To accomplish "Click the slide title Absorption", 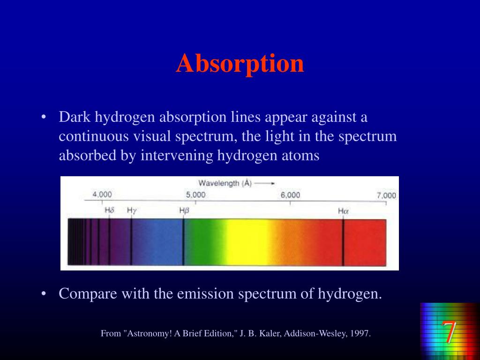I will click(x=240, y=63).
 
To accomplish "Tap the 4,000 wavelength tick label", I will click(x=102, y=195).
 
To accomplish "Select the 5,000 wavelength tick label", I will click(x=195, y=195).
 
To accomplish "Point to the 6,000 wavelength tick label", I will click(x=290, y=195).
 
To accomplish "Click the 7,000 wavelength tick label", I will click(x=386, y=195).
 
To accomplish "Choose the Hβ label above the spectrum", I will click(x=184, y=211).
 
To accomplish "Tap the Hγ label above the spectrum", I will click(x=132, y=210).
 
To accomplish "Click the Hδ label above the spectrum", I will click(x=109, y=210).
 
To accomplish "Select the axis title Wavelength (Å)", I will click(x=225, y=184).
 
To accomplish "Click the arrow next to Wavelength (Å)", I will click(x=265, y=184).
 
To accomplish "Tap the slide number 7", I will click(x=449, y=332).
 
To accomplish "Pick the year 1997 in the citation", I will click(x=361, y=334).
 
